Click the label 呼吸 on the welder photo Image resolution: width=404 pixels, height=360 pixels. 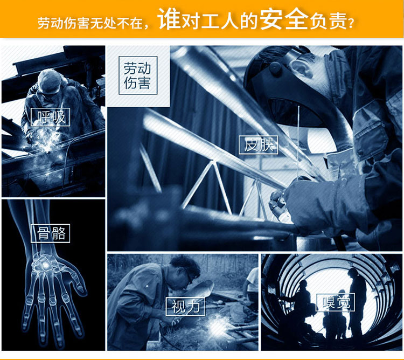50,117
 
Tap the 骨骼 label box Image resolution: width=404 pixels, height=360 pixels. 50,233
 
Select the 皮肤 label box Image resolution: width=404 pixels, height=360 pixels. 259,145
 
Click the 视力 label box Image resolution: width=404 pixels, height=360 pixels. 185,307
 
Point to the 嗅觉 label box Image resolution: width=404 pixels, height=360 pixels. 335,302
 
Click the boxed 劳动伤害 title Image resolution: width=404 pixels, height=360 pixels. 138,75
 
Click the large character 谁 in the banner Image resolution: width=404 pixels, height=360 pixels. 169,19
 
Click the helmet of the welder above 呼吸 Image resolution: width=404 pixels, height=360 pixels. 49,80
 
